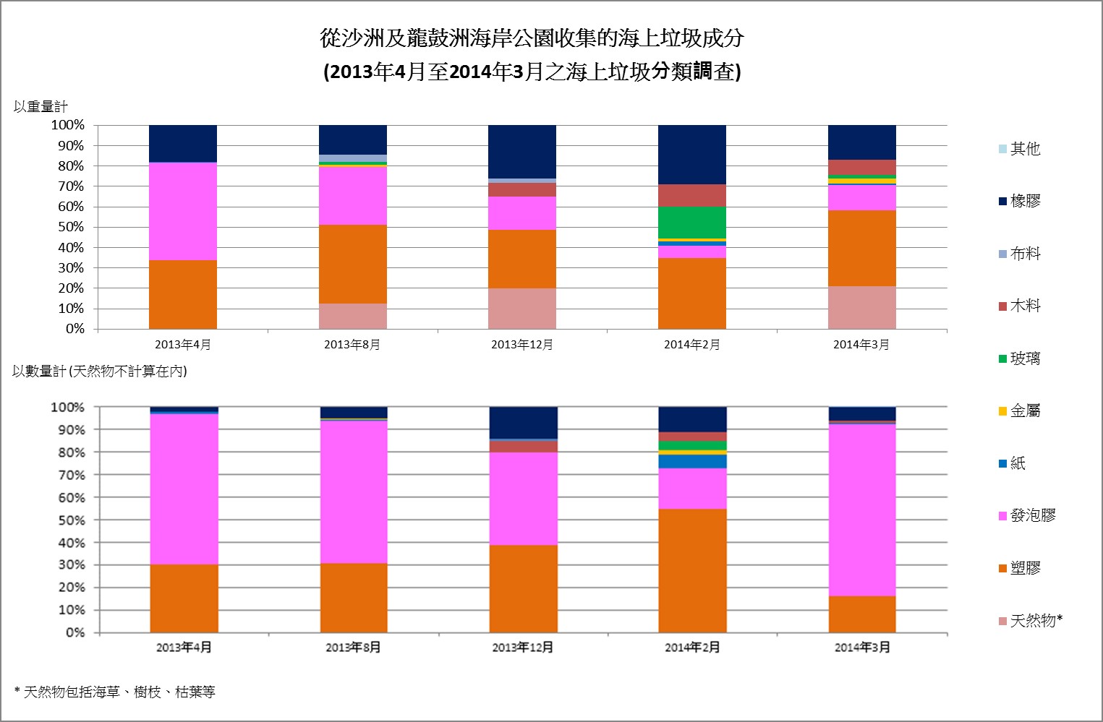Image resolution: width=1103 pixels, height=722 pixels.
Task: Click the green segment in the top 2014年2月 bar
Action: click(x=692, y=223)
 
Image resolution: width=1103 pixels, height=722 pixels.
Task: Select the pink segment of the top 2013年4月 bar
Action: click(x=183, y=211)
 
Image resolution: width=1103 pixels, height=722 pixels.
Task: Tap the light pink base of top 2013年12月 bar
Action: click(x=522, y=309)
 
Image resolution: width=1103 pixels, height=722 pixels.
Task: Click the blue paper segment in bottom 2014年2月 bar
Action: click(x=692, y=461)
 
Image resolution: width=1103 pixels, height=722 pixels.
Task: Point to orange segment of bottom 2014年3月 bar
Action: click(x=862, y=614)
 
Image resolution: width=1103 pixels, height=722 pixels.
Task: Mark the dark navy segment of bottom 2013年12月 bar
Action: click(x=523, y=423)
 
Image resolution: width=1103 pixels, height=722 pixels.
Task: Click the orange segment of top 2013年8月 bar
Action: click(x=353, y=264)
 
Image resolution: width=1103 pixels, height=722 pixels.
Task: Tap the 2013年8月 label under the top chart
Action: click(x=352, y=345)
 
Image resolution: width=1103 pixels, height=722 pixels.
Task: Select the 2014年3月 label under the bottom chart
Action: click(x=862, y=648)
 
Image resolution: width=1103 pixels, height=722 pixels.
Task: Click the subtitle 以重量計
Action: click(x=41, y=107)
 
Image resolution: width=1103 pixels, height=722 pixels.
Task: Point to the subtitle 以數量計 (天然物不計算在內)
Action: click(x=100, y=371)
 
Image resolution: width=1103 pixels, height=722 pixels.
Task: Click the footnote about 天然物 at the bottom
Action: click(x=114, y=692)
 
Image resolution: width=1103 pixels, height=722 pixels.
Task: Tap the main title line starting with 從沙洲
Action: click(x=532, y=38)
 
